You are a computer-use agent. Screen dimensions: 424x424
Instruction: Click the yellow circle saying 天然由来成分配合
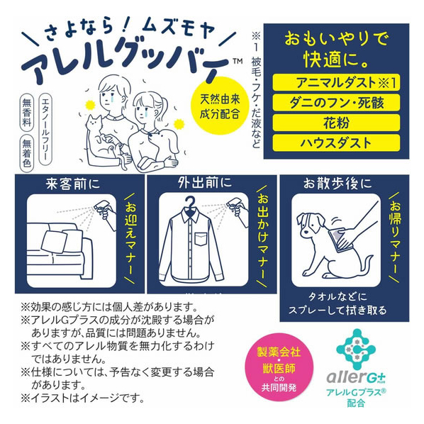(220, 106)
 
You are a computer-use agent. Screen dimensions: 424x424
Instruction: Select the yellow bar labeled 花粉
(336, 123)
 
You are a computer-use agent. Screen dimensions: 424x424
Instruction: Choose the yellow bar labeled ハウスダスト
(336, 143)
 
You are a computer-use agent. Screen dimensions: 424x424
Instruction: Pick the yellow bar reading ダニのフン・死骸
(336, 103)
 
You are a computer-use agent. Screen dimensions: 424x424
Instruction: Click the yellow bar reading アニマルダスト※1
(336, 82)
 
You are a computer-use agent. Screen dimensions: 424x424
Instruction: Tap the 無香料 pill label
(27, 113)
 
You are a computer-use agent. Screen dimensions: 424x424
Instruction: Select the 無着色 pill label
(27, 153)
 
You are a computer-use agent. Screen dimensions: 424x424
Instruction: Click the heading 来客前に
(73, 184)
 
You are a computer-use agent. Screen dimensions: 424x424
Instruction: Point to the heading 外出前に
(205, 183)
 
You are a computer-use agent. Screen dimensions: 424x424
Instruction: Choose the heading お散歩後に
(337, 184)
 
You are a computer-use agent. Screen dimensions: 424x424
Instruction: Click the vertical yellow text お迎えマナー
(131, 238)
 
